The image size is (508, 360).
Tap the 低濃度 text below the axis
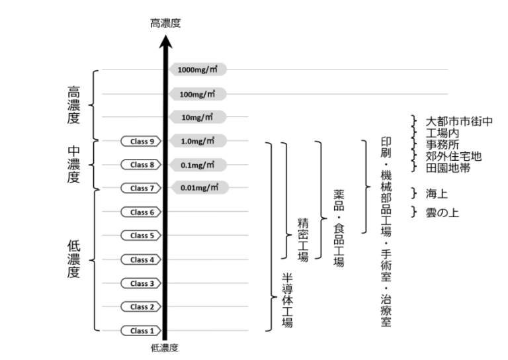tap(165, 347)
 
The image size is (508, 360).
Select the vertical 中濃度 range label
tap(75, 164)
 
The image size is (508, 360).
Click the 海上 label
tap(439, 193)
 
